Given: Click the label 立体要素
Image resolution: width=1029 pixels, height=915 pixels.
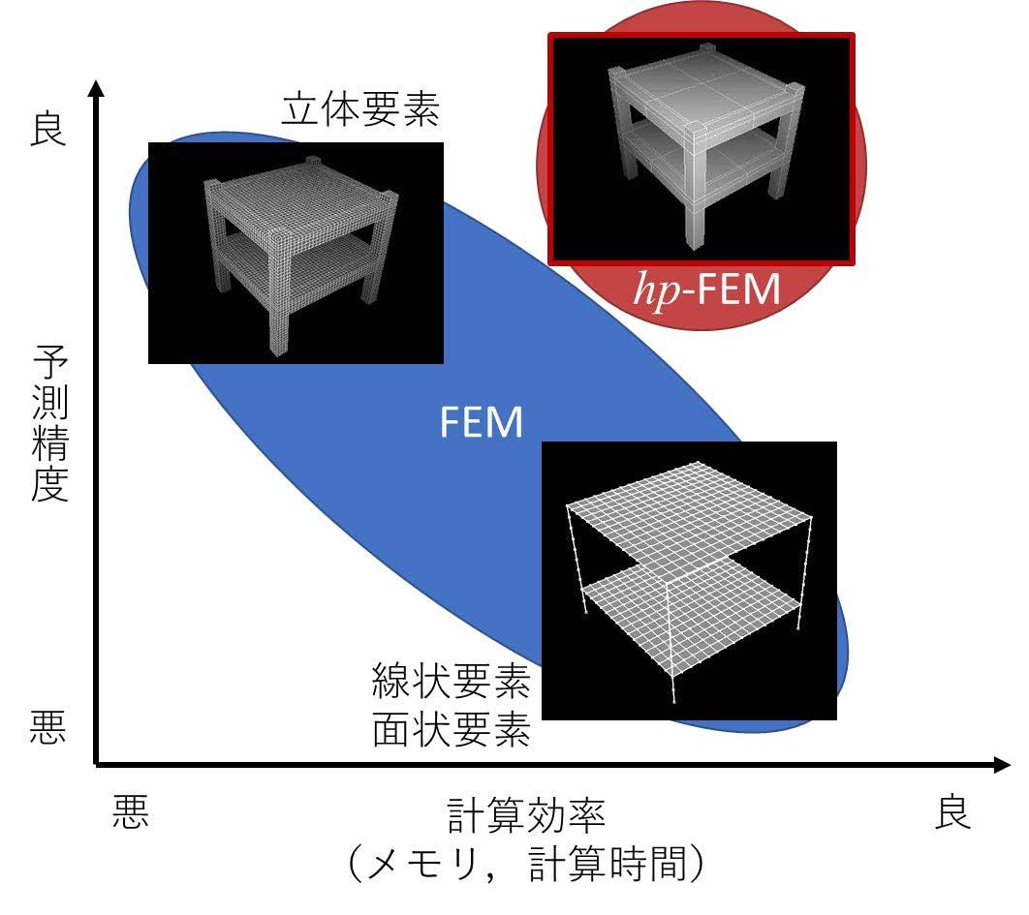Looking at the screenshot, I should [x=360, y=111].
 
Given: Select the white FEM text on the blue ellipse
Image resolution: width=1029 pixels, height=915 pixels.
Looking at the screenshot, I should [x=482, y=423].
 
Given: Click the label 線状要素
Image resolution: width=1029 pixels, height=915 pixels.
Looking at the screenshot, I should [x=452, y=684].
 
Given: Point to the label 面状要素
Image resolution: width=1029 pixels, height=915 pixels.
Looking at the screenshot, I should [x=452, y=731].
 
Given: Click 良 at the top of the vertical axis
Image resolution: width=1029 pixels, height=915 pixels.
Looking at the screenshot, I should [x=48, y=129].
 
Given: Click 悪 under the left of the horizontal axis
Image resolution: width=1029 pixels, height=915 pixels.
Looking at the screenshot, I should [x=131, y=814].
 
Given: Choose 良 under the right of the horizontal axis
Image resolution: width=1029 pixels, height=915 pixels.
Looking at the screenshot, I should [x=951, y=814].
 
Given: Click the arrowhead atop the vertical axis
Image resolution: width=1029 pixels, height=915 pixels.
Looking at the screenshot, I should [x=95, y=88].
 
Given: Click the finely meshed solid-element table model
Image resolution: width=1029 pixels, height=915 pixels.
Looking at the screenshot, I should [x=296, y=252].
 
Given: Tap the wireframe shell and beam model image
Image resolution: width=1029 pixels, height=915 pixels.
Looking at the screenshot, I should [x=689, y=581].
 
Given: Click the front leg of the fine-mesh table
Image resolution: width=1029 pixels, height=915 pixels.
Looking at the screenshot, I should [x=274, y=310].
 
